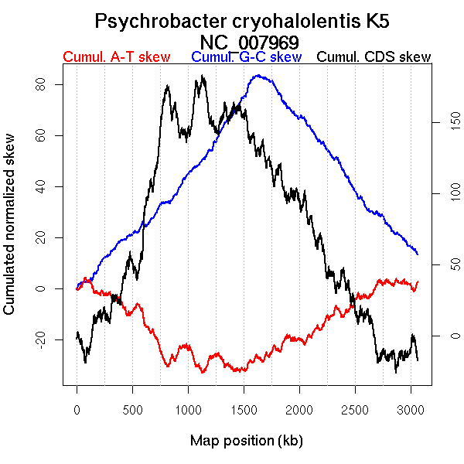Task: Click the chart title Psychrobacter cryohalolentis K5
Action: coord(248,21)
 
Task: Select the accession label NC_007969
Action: coord(248,41)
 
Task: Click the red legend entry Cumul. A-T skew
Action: coord(116,57)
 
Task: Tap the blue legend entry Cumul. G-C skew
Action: coord(246,57)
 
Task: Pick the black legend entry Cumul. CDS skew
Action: coord(374,57)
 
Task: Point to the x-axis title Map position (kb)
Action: coord(246,441)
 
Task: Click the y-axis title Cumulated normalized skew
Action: coord(10,233)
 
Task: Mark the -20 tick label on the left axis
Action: coord(39,339)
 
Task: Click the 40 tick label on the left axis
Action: coord(39,186)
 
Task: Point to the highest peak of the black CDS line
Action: coord(202,76)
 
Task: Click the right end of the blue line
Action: coord(418,254)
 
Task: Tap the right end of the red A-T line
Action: coord(418,282)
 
